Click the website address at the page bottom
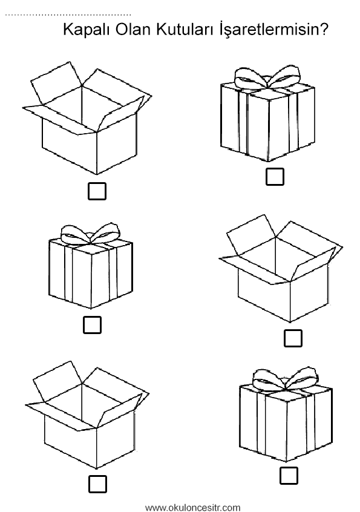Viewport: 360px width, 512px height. tap(192, 507)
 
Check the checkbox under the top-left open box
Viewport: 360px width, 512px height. tap(97, 191)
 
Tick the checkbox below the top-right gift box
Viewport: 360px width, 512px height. tap(275, 177)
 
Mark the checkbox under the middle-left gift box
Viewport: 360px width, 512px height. tap(93, 324)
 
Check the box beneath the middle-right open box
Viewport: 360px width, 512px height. tap(293, 338)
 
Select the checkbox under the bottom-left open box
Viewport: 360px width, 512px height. tap(97, 484)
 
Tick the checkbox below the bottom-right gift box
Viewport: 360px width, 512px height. tap(289, 476)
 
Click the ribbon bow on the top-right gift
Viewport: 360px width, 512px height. tap(267, 77)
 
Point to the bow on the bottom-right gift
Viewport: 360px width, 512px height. tap(286, 379)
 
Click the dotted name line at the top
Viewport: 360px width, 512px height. tap(68, 15)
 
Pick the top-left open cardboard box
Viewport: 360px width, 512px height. tap(87, 117)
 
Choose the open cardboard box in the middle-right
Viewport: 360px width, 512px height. tap(281, 269)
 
